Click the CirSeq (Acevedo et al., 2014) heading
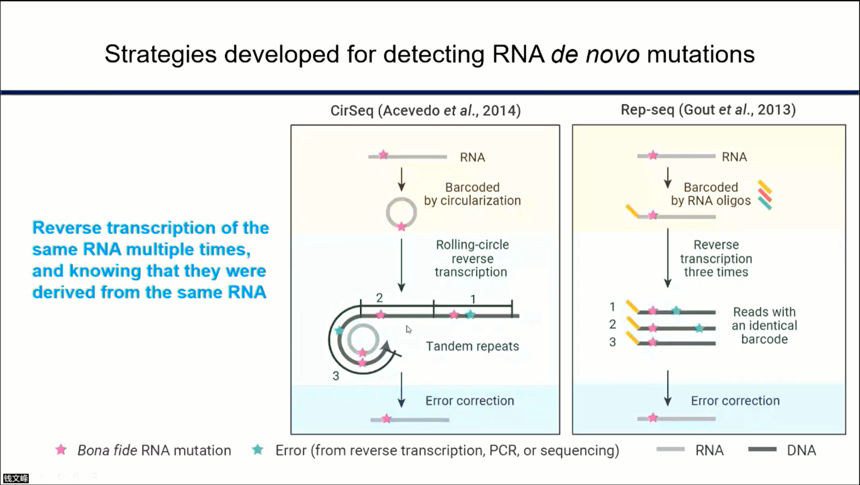click(425, 111)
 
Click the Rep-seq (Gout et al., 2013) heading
click(708, 110)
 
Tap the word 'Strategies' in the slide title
click(160, 54)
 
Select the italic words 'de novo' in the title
click(595, 54)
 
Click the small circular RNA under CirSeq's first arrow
click(401, 213)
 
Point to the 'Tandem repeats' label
click(472, 346)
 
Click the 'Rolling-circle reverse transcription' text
click(472, 258)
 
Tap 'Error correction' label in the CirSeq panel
click(469, 401)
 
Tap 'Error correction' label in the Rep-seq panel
click(735, 401)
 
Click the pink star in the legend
click(61, 450)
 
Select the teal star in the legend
click(258, 450)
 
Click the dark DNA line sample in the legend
click(762, 450)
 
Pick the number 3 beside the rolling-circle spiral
click(336, 376)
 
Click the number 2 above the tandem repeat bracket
click(379, 298)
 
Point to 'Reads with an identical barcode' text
click(764, 325)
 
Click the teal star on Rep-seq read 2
click(699, 328)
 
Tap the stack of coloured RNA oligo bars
click(765, 195)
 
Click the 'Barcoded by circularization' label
click(472, 194)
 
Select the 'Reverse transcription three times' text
click(716, 258)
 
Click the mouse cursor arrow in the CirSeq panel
click(408, 329)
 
